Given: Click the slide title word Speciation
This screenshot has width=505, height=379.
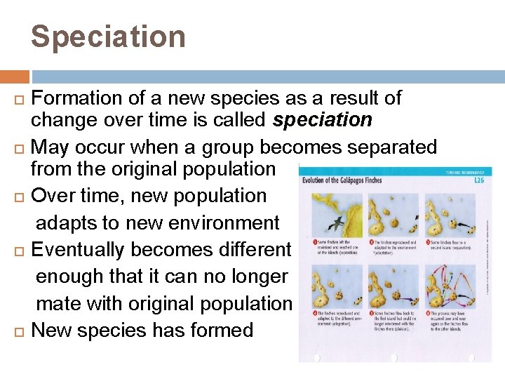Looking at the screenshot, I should pyautogui.click(x=108, y=36).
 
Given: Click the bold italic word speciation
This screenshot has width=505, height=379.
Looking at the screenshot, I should pyautogui.click(x=323, y=120).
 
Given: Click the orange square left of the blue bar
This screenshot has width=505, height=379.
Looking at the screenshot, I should pyautogui.click(x=15, y=77).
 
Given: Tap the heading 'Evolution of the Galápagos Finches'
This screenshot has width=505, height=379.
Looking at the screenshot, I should pyautogui.click(x=341, y=180).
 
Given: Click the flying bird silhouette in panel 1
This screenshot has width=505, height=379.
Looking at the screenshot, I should pyautogui.click(x=338, y=224).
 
